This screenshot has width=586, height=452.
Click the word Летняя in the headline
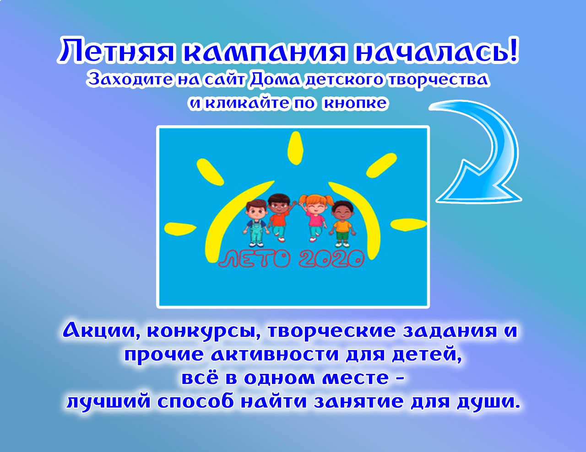[x=116, y=51]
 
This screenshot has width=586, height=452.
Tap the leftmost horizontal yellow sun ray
[x=180, y=228]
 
